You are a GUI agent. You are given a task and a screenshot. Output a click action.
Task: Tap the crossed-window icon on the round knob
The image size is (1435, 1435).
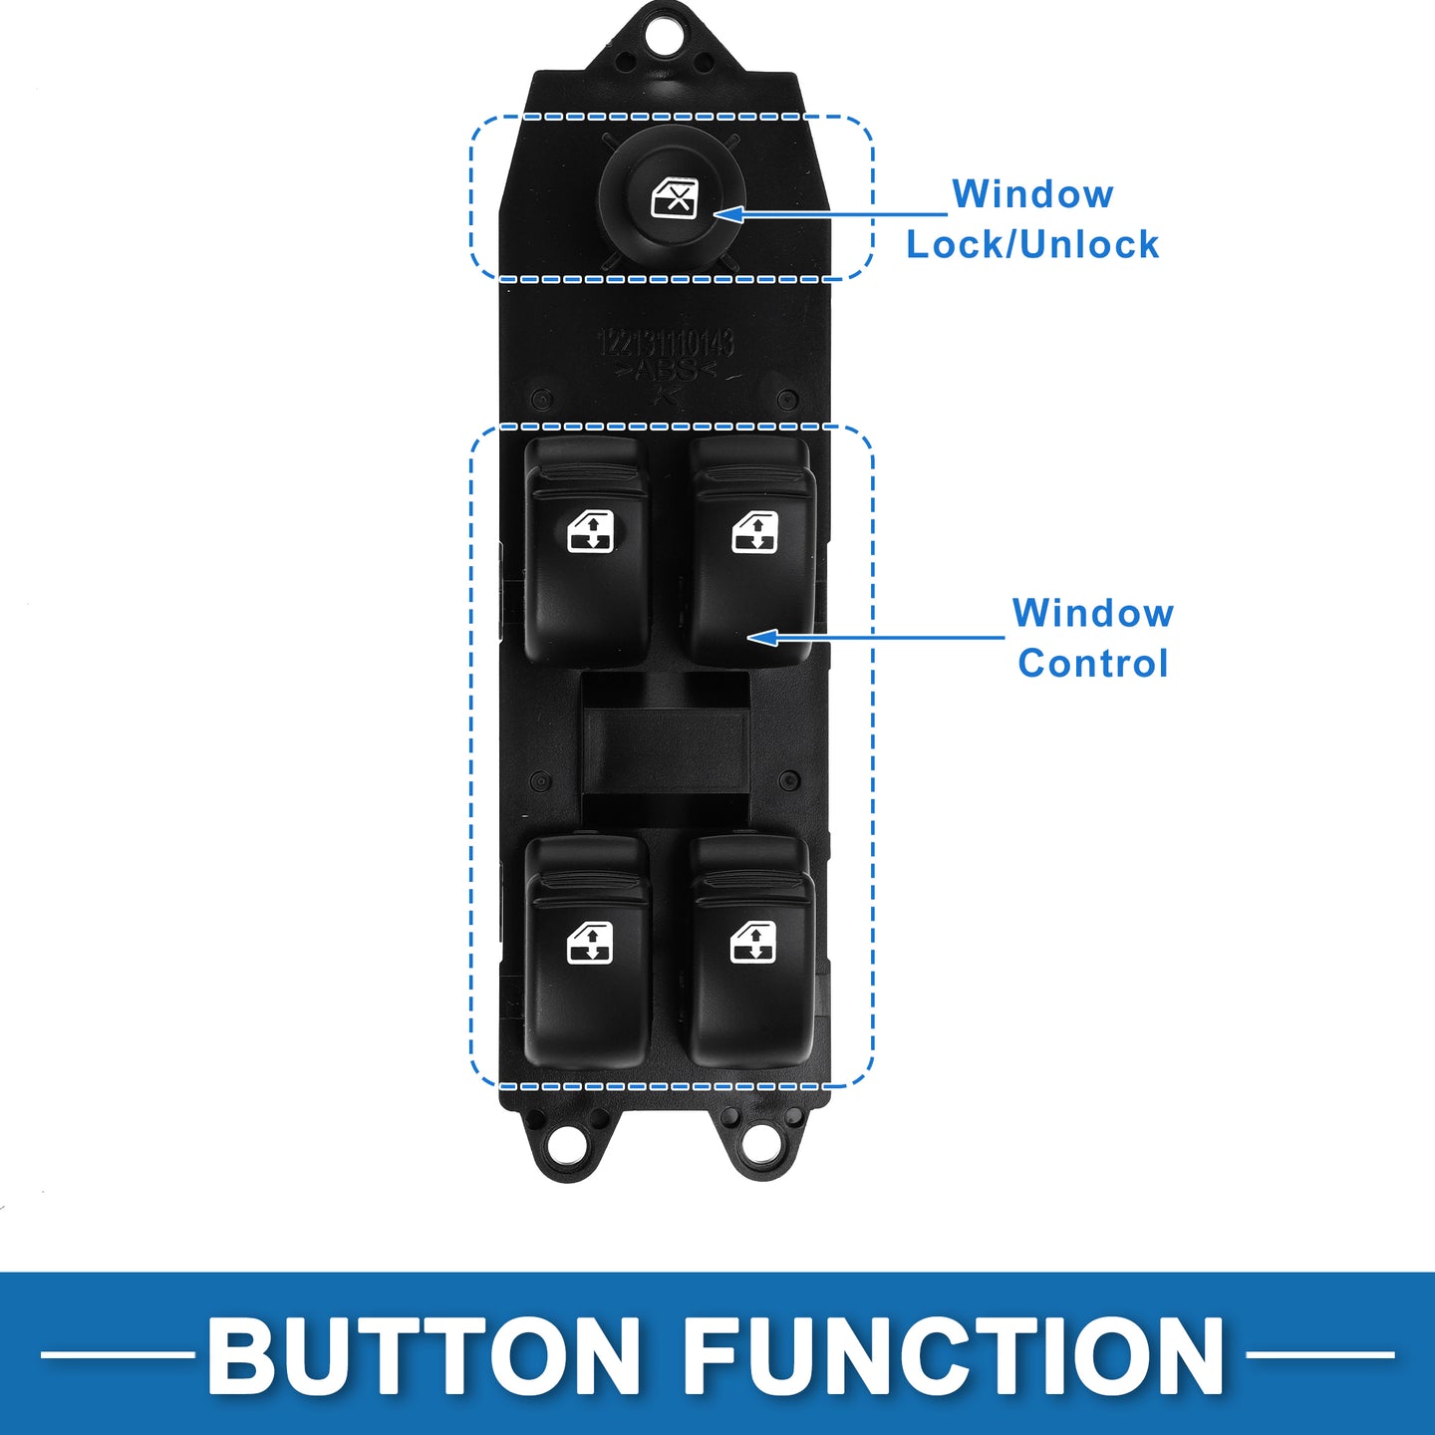click(674, 198)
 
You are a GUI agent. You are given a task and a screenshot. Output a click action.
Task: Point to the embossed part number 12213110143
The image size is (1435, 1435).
click(666, 344)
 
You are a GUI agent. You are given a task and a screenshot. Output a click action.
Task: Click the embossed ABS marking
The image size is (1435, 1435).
click(666, 372)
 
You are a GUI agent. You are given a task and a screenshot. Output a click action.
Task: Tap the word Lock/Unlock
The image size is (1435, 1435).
click(1032, 245)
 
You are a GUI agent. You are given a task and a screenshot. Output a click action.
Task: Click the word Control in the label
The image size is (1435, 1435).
click(1093, 664)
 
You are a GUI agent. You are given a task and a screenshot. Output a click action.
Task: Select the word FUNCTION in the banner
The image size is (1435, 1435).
click(954, 1356)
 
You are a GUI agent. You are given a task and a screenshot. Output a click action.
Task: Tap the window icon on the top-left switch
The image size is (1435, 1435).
click(590, 532)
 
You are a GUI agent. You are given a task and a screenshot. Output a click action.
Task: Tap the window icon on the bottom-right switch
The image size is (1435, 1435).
click(753, 943)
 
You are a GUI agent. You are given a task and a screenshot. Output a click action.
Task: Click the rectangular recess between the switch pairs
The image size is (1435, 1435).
click(665, 749)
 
